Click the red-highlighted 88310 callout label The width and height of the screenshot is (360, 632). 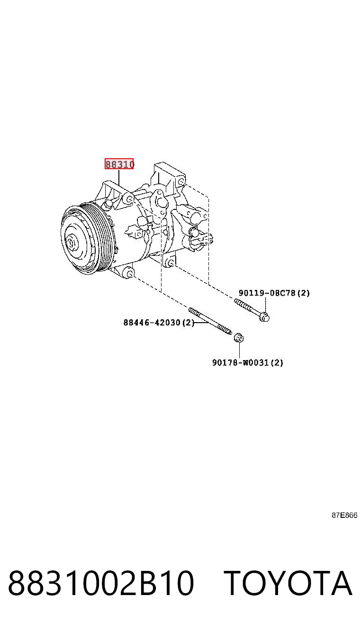tap(119, 164)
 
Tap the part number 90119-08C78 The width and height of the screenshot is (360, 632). tap(267, 293)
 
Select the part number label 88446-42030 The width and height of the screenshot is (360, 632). tap(152, 322)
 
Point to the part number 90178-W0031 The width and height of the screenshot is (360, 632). tap(240, 362)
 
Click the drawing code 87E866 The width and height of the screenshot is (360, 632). tap(344, 515)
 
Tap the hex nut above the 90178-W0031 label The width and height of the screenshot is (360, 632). tap(239, 337)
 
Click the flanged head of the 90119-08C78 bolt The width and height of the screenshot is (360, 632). tap(264, 317)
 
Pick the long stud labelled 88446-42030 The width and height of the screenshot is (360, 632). tap(210, 321)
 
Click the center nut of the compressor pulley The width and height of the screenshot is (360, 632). tap(70, 243)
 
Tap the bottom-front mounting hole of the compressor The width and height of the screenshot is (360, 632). tap(129, 273)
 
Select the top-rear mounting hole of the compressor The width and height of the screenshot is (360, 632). tap(181, 181)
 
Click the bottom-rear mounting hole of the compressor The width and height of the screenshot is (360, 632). tap(171, 263)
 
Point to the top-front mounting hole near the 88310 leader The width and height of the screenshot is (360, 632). tap(129, 199)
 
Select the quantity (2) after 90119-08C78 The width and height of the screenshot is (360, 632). tap(304, 293)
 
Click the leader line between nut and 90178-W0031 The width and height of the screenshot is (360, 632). tap(239, 350)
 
